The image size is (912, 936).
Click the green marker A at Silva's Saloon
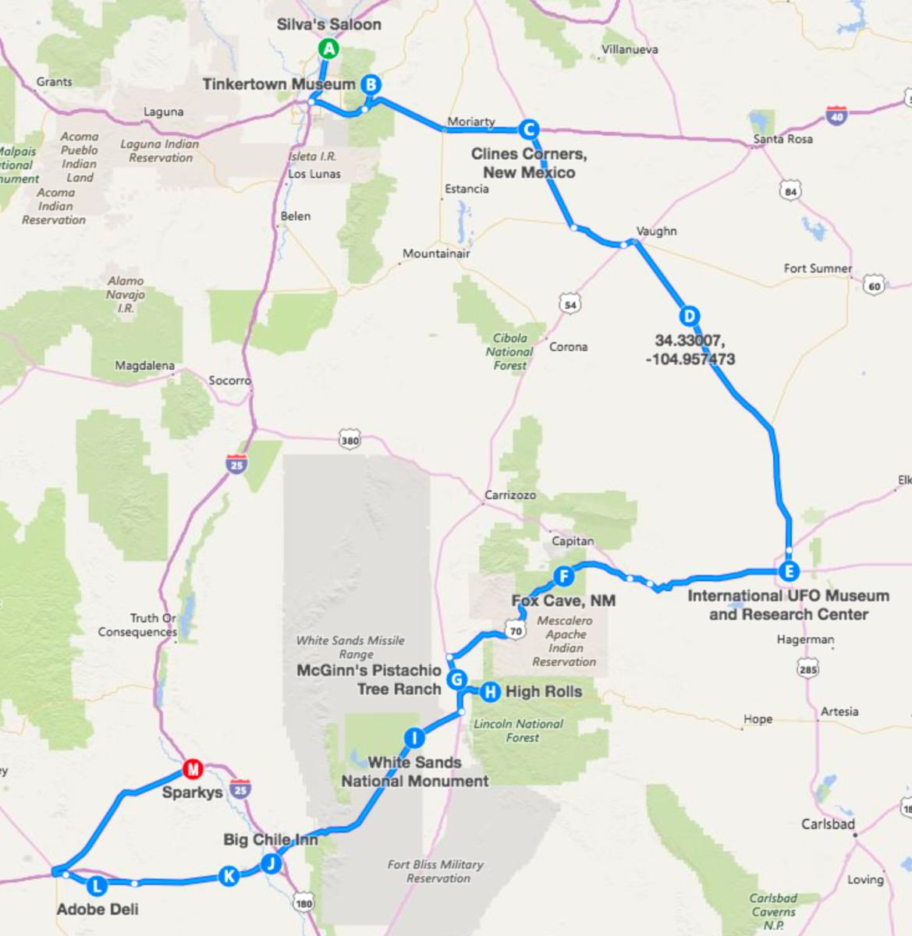click(x=328, y=49)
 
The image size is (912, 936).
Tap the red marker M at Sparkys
click(x=192, y=770)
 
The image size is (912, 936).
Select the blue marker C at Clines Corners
click(x=528, y=129)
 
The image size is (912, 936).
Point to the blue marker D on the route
click(x=688, y=316)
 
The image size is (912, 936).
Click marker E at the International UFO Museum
click(x=789, y=572)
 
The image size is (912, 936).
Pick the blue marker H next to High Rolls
click(x=490, y=691)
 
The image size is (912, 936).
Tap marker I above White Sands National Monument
click(x=415, y=738)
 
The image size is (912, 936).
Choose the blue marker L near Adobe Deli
click(x=97, y=885)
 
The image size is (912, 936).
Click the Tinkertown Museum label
click(x=279, y=84)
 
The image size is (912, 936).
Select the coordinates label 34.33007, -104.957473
click(x=690, y=349)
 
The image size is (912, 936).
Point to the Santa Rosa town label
click(x=782, y=139)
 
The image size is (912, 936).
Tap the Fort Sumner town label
click(x=818, y=268)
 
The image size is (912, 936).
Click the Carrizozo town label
click(x=510, y=495)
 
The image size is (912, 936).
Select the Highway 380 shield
click(x=350, y=441)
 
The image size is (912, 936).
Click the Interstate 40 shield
click(x=836, y=117)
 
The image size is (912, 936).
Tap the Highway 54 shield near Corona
click(x=570, y=305)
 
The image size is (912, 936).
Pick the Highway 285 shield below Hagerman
click(x=807, y=668)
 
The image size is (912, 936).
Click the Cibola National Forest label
click(x=509, y=351)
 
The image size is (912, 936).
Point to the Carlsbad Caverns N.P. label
click(x=773, y=911)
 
